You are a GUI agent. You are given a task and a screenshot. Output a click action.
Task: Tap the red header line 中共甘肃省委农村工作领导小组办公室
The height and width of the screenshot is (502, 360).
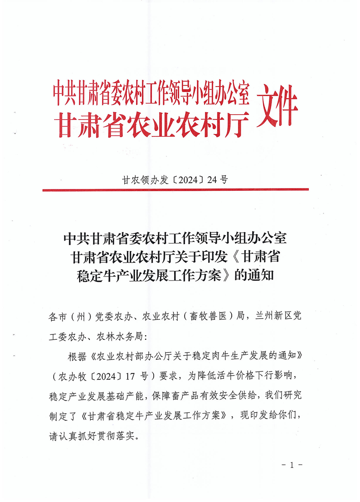(x=151, y=92)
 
